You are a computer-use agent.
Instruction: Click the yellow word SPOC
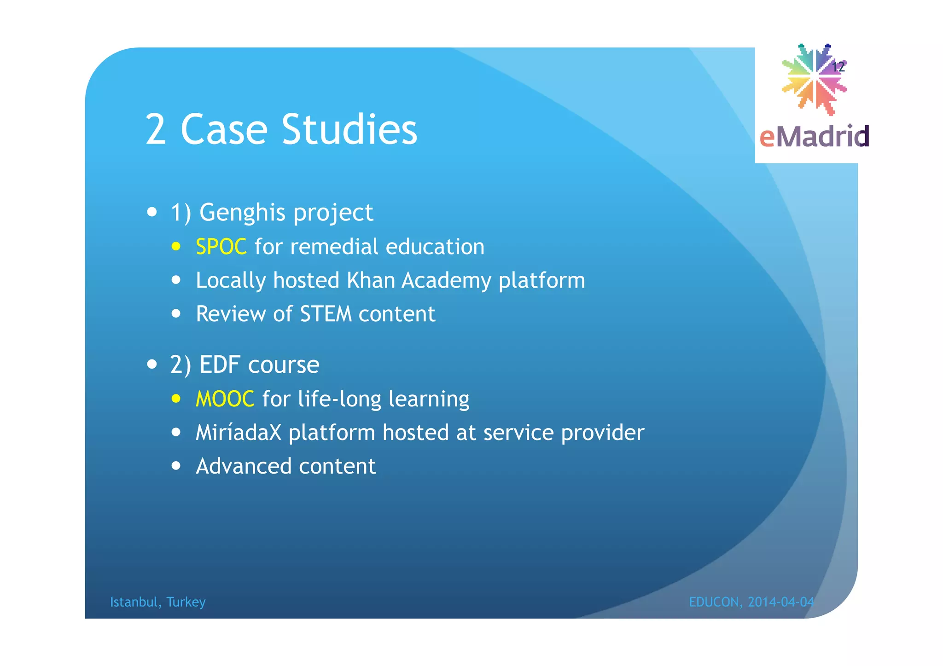tap(221, 247)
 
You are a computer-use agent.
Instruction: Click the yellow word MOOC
tap(225, 399)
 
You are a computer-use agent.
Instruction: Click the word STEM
tap(326, 314)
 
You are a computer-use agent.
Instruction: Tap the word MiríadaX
tap(238, 433)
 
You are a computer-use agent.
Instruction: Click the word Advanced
tap(244, 467)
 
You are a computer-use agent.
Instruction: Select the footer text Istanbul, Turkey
tap(157, 602)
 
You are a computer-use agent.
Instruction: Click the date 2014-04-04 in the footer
tap(781, 602)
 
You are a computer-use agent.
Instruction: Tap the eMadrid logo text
tap(814, 137)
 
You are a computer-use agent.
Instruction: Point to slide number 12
tap(838, 67)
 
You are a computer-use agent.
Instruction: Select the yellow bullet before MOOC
tap(176, 399)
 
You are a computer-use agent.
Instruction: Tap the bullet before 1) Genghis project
tap(152, 213)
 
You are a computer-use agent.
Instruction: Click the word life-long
tap(339, 399)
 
